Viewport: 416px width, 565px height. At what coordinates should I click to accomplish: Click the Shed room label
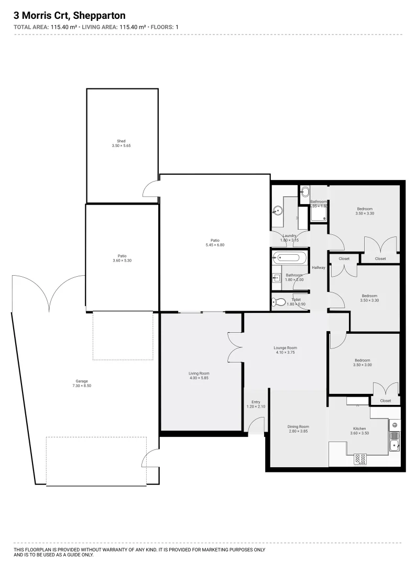pyautogui.click(x=121, y=141)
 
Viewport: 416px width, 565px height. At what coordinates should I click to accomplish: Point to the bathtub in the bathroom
pyautogui.click(x=288, y=258)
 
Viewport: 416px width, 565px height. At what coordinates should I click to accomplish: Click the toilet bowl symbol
pyautogui.click(x=279, y=302)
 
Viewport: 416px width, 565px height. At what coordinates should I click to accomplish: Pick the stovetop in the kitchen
pyautogui.click(x=361, y=459)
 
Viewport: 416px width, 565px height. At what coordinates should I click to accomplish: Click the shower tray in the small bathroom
pyautogui.click(x=318, y=214)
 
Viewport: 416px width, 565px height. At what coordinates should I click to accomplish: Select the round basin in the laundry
pyautogui.click(x=277, y=211)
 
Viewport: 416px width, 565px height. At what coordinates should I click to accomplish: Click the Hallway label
pyautogui.click(x=319, y=268)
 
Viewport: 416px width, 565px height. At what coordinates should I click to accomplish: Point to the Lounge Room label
pyautogui.click(x=285, y=347)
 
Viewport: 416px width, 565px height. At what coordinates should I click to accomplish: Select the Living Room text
pyautogui.click(x=199, y=373)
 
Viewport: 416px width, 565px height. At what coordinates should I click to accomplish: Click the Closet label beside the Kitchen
pyautogui.click(x=385, y=401)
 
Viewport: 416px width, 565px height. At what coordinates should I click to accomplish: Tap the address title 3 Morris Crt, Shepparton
pyautogui.click(x=70, y=16)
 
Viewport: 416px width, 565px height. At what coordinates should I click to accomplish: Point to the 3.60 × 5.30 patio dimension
pyautogui.click(x=122, y=261)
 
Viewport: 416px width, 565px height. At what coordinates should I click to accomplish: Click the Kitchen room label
pyautogui.click(x=359, y=428)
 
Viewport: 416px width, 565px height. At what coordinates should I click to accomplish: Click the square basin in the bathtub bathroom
pyautogui.click(x=277, y=278)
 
